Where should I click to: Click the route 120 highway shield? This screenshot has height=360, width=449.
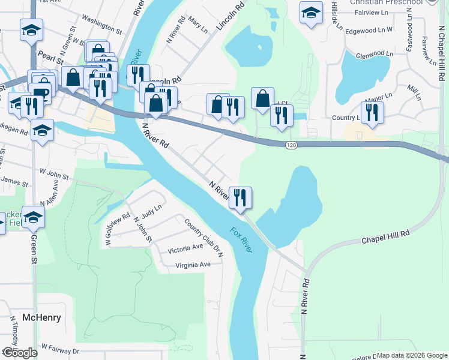click(291, 145)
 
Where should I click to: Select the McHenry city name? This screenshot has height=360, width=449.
click(41, 317)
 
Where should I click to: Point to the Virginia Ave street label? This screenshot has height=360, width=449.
click(193, 265)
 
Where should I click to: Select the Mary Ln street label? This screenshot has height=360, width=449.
click(197, 25)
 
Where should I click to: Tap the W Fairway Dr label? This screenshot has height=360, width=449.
click(60, 349)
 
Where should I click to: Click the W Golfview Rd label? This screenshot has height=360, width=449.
click(118, 229)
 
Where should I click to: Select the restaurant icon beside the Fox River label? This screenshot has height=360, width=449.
click(240, 197)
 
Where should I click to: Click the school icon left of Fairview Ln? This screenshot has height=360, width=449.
click(312, 13)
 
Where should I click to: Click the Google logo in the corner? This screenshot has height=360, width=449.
click(19, 353)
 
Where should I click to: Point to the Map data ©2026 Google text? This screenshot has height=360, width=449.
click(412, 355)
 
